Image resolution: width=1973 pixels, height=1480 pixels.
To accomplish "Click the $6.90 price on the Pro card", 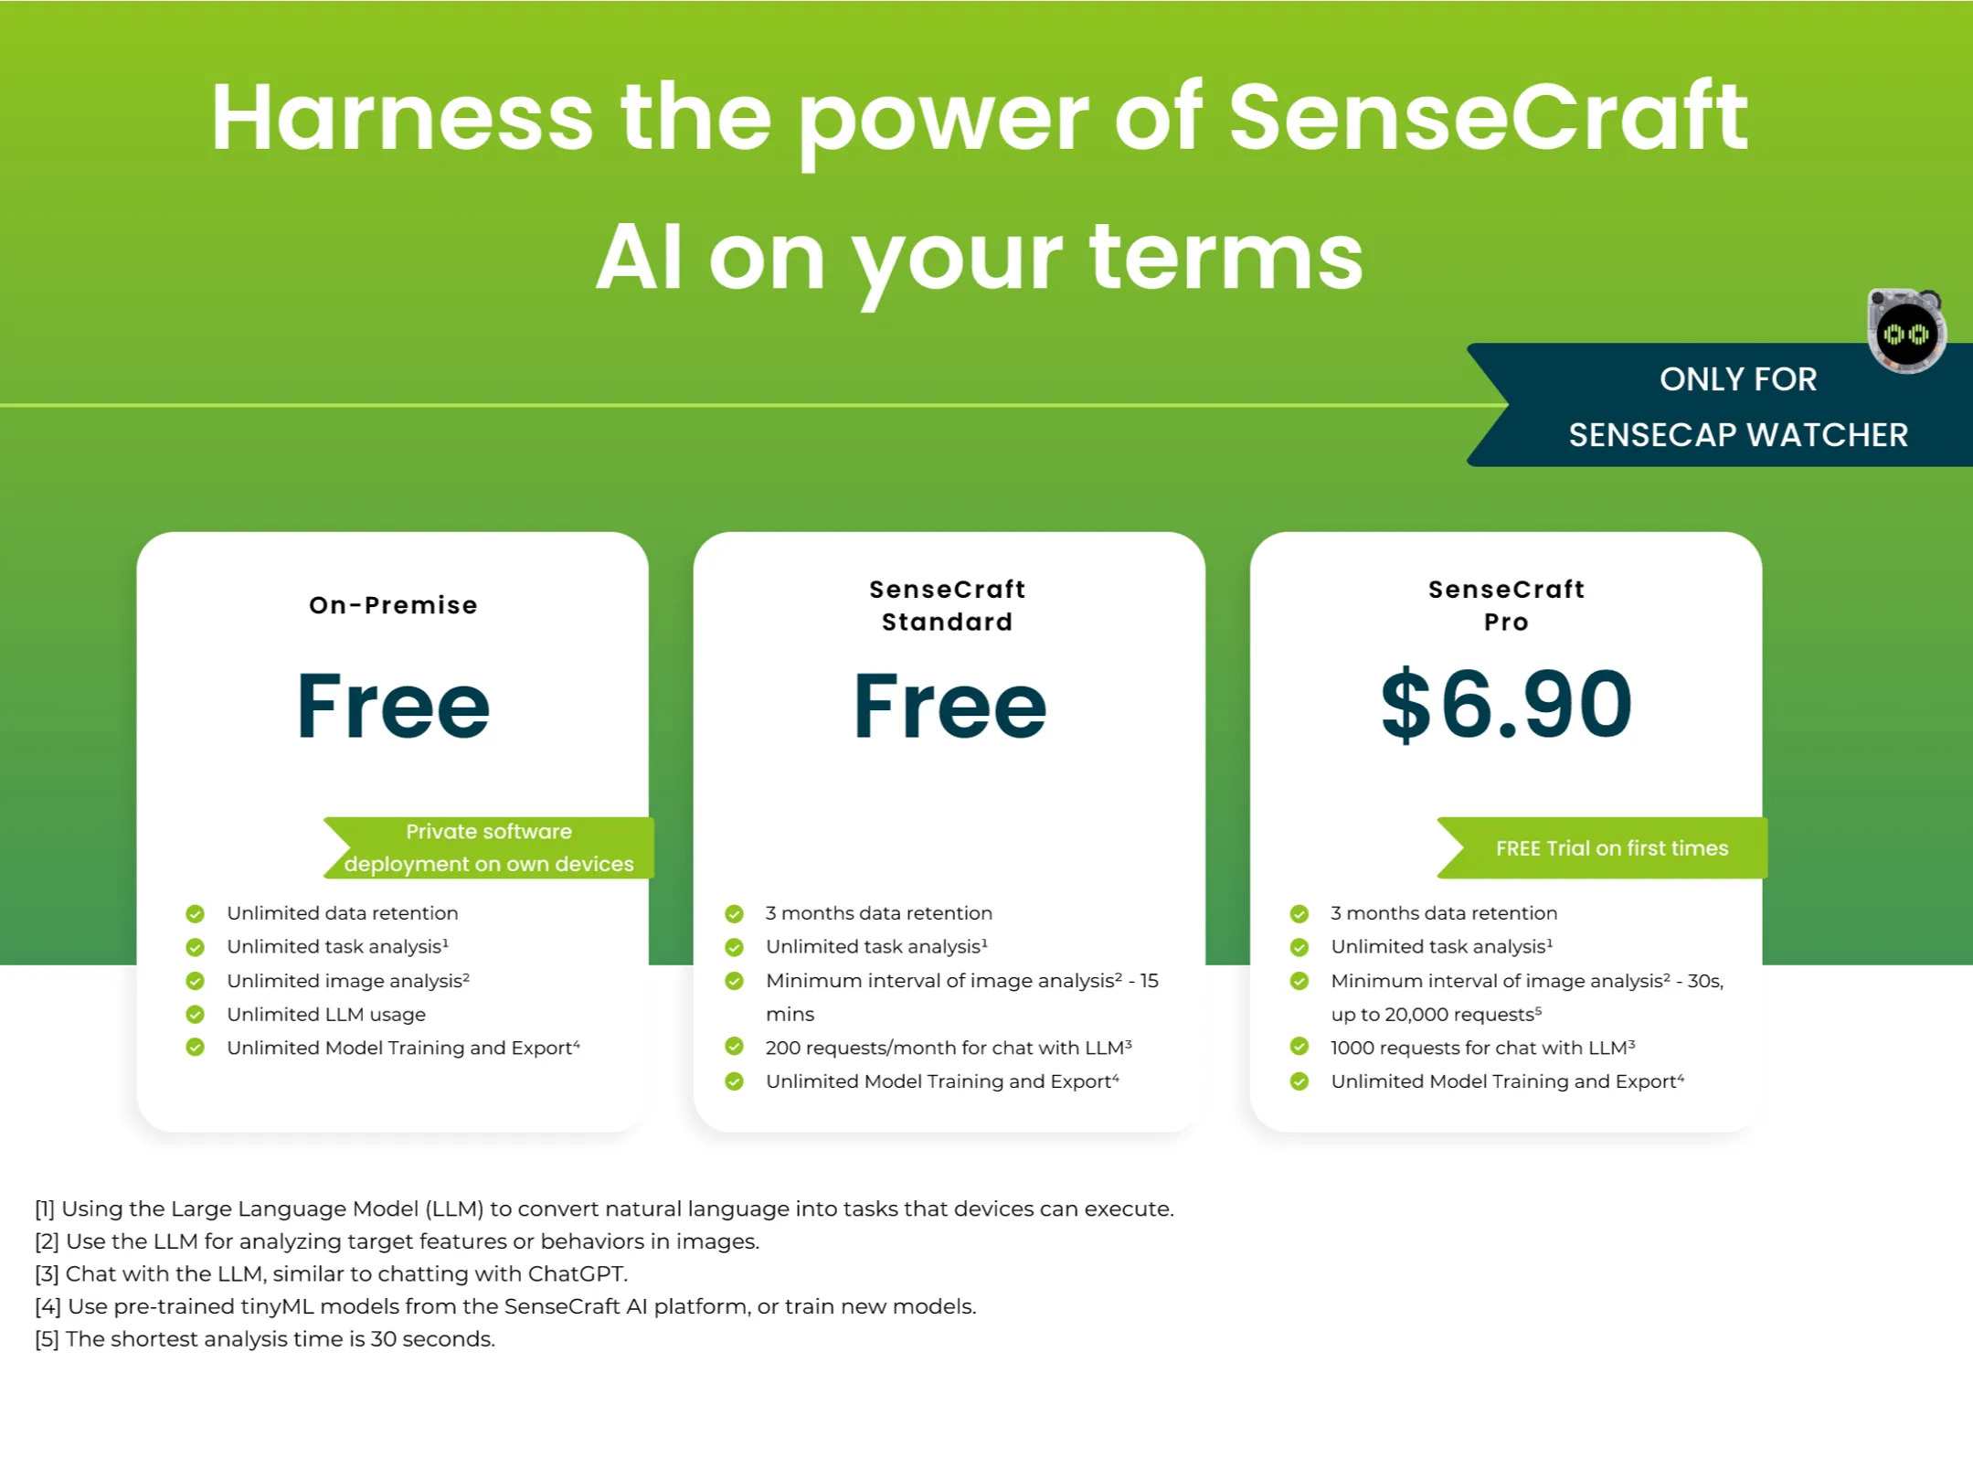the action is [x=1506, y=704].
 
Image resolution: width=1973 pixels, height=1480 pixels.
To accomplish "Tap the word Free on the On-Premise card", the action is [x=393, y=706].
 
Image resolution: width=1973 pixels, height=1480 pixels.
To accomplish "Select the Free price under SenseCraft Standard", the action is [x=949, y=706].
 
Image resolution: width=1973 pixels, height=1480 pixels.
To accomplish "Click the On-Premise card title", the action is [x=393, y=605].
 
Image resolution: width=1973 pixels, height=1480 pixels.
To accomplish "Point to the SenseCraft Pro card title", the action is [x=1506, y=605].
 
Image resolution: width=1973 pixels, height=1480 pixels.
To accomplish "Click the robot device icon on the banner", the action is [x=1906, y=331].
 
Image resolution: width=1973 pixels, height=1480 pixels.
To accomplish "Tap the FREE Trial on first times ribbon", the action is [x=1602, y=848].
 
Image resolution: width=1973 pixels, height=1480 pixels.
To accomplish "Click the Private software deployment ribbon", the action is [x=489, y=847].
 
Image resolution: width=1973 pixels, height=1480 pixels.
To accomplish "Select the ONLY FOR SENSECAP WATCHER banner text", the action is [x=1738, y=407].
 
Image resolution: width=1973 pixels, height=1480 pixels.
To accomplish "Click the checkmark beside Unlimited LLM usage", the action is [x=195, y=1014].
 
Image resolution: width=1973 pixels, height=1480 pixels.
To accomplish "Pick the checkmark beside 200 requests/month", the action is [x=734, y=1047].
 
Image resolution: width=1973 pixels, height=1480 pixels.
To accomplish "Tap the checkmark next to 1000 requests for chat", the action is [x=1299, y=1047].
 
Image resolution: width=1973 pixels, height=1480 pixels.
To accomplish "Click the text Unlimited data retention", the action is [x=343, y=912].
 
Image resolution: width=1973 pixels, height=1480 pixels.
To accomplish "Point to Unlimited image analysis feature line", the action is [x=348, y=980].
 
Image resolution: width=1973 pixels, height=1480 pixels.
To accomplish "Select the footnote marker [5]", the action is [x=47, y=1339].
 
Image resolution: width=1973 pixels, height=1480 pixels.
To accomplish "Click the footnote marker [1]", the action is [x=45, y=1208].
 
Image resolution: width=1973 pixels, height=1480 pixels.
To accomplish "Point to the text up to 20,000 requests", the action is [x=1436, y=1014].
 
